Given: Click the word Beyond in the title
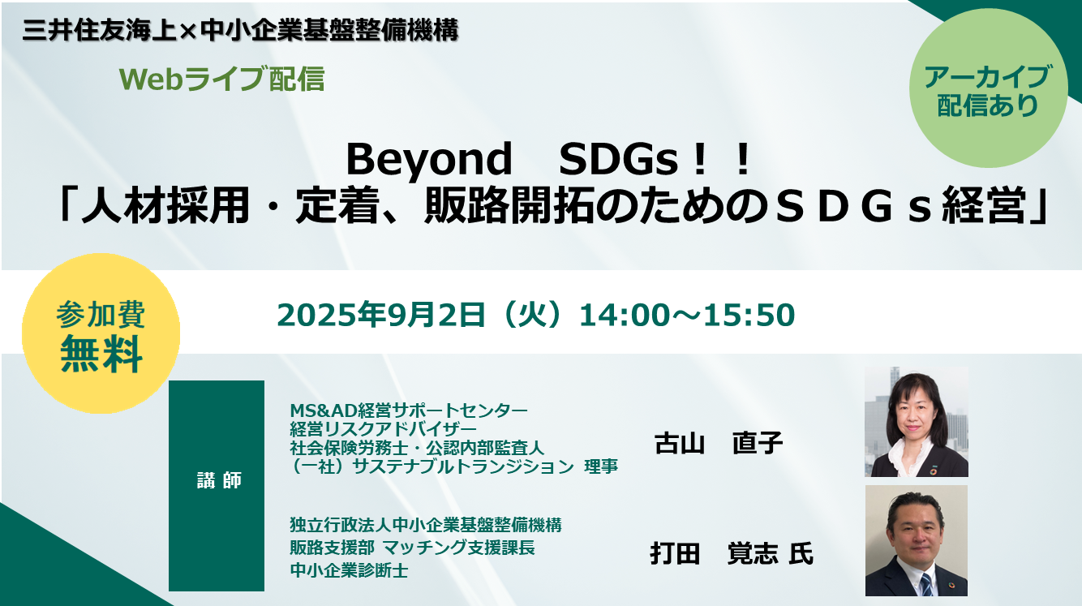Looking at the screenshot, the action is pos(429,161).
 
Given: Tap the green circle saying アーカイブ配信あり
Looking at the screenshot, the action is pos(988,88).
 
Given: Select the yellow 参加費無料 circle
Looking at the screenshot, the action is pos(101,333).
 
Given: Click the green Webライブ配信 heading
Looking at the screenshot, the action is pos(221,79).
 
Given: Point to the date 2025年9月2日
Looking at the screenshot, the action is pos(380,315).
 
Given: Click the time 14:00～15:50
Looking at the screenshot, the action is pos(687,315).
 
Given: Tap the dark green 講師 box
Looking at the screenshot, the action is pos(217,485).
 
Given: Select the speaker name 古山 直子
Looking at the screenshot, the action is pos(719,443).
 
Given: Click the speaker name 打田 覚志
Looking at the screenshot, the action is pos(714,554).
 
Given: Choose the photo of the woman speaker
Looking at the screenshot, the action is pos(917,421).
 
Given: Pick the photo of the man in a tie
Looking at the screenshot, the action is pos(917,540).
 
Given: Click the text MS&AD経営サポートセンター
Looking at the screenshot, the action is pos(409,410).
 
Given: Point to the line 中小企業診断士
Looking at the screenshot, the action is pos(349,571).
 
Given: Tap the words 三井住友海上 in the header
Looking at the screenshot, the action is pos(100,31).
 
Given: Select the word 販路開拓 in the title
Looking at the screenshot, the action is pos(509,206).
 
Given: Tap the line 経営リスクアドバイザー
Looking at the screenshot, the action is pos(383,429).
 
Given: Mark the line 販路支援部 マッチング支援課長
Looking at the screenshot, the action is pos(413,548).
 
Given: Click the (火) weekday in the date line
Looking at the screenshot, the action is pos(532,315).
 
